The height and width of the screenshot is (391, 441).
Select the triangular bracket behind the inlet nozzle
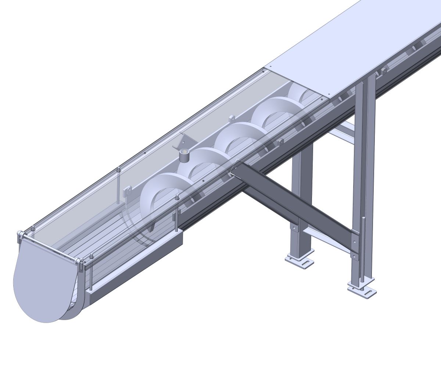tap(187, 141)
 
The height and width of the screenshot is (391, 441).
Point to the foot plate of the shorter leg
tap(300, 260)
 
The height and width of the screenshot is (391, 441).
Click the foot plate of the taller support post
tap(362, 288)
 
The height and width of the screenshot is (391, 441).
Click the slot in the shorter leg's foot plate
tap(305, 263)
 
